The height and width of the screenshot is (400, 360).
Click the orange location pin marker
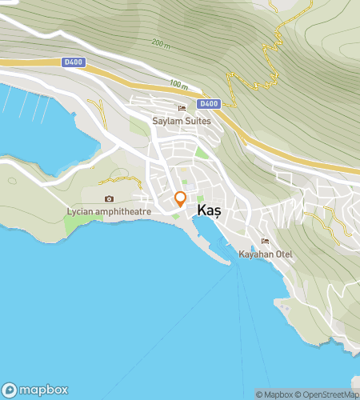click(x=181, y=199)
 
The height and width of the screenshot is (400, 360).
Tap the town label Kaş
click(x=209, y=209)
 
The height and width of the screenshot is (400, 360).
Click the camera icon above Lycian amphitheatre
click(x=109, y=199)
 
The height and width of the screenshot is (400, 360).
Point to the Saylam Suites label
click(x=181, y=121)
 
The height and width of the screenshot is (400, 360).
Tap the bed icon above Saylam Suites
click(x=182, y=108)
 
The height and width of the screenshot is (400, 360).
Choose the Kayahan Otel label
click(x=266, y=254)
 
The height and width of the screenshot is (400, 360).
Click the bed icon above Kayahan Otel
click(x=266, y=242)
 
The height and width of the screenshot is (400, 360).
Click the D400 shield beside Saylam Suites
click(x=209, y=104)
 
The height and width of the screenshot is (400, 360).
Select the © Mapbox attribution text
click(x=274, y=394)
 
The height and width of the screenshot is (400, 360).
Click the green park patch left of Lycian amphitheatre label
click(x=76, y=224)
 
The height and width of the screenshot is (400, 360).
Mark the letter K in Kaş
click(x=202, y=209)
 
